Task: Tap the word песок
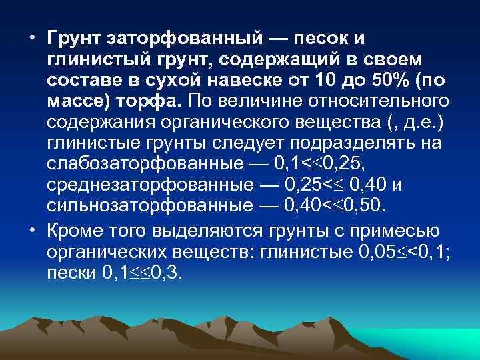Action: (311, 39)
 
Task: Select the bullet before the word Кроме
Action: (32, 231)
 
